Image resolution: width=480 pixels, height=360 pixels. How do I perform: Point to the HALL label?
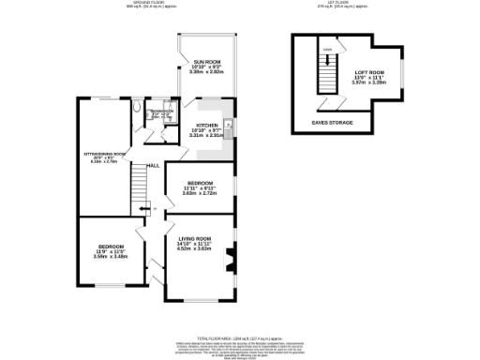pyautogui.click(x=152, y=165)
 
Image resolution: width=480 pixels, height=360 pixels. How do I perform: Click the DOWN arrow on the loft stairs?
pyautogui.click(x=327, y=50)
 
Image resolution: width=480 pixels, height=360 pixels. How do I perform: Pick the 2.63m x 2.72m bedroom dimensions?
pyautogui.click(x=200, y=193)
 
